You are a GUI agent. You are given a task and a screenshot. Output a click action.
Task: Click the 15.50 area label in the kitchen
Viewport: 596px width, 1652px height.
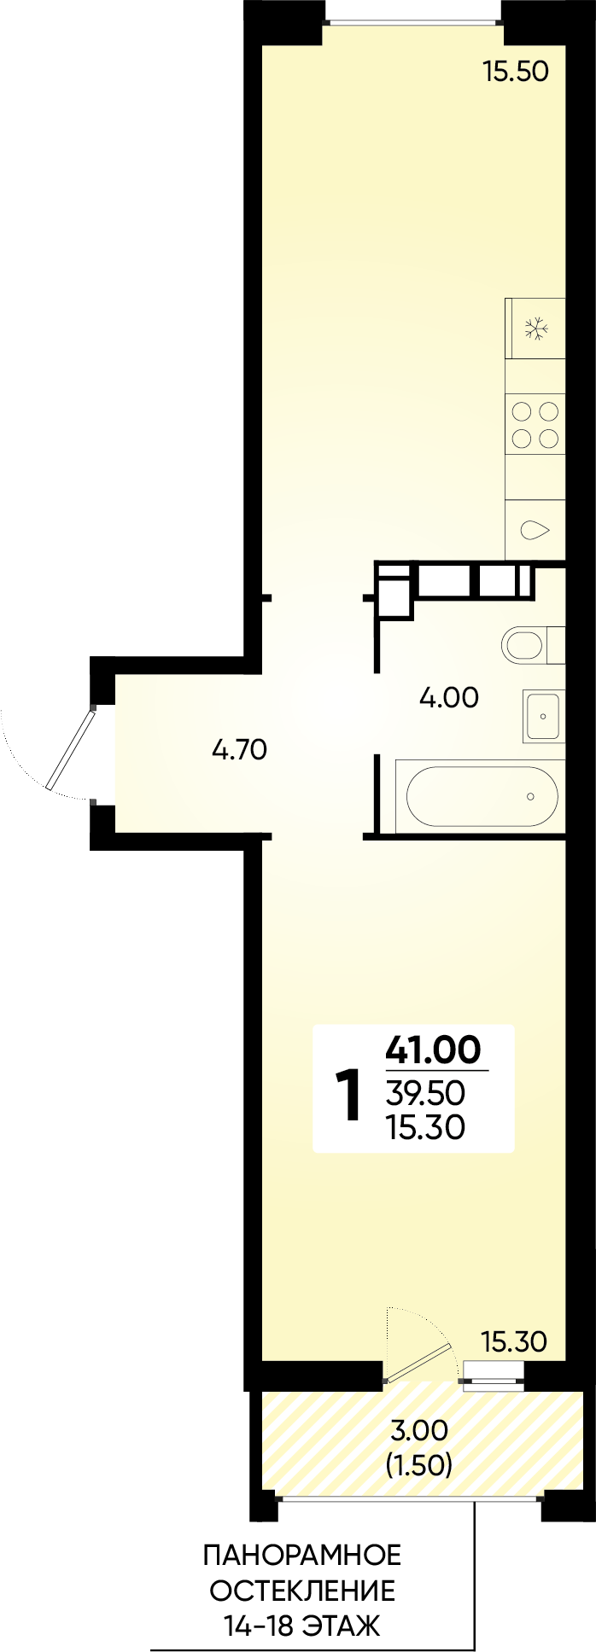pos(515,71)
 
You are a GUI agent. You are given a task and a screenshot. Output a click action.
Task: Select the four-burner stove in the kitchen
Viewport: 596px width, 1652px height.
pos(535,426)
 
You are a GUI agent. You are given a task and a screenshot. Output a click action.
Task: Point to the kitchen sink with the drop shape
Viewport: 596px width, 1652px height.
pos(535,529)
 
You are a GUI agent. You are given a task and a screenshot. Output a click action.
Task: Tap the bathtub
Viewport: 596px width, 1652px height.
pos(482,795)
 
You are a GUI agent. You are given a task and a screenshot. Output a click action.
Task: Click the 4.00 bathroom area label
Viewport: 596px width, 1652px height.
pos(448,698)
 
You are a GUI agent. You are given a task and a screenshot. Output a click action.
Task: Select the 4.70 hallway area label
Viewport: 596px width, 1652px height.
pos(240,750)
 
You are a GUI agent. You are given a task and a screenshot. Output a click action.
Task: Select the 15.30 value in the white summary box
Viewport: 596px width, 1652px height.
pos(425,1127)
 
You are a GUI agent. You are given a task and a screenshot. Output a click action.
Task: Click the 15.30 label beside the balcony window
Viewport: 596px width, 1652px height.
pos(513,1342)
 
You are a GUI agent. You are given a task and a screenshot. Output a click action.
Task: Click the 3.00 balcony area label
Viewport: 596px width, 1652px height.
pos(418,1429)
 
